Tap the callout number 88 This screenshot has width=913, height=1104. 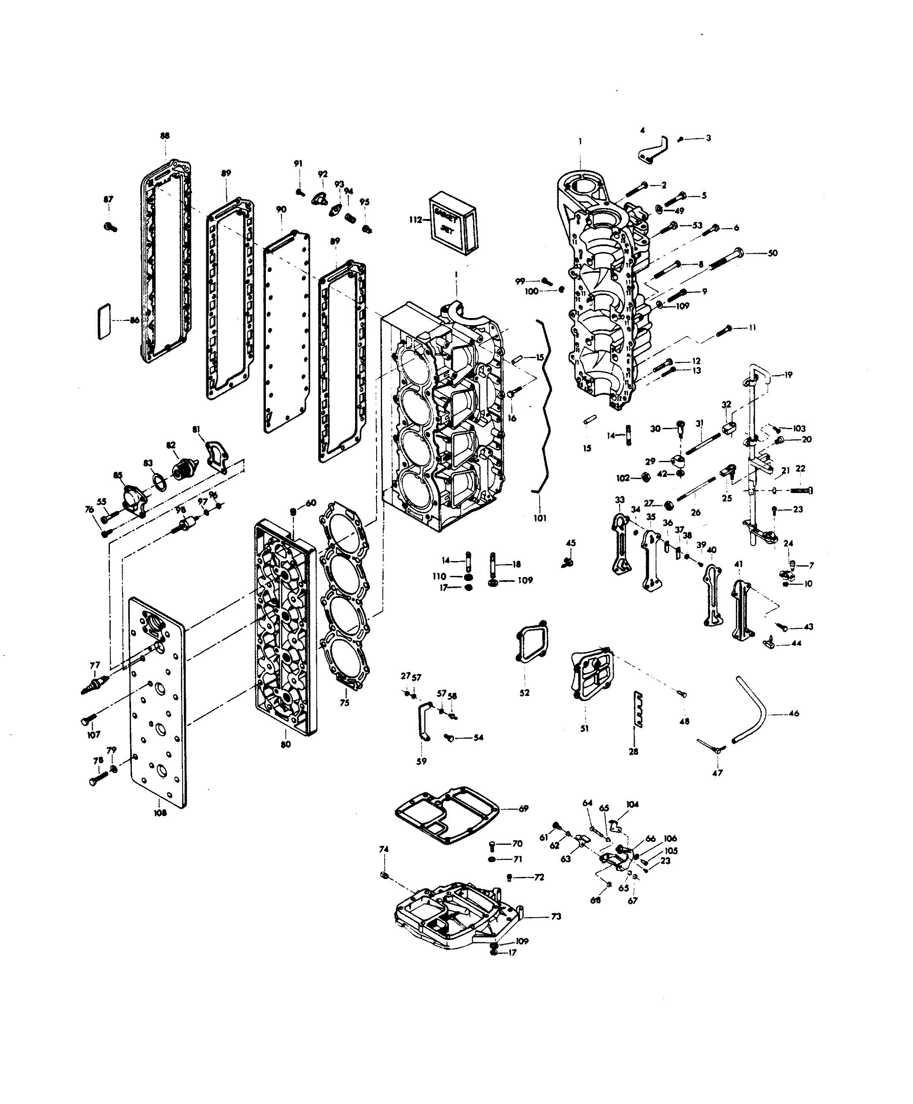(x=165, y=136)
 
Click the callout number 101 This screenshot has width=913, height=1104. (x=540, y=518)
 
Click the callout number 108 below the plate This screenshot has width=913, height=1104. (x=160, y=812)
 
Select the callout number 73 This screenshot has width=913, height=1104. (x=555, y=916)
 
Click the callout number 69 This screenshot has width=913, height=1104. (x=523, y=808)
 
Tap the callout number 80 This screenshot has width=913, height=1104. (x=285, y=745)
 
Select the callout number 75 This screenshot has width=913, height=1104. (x=344, y=703)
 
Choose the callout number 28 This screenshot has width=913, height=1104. (x=633, y=752)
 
